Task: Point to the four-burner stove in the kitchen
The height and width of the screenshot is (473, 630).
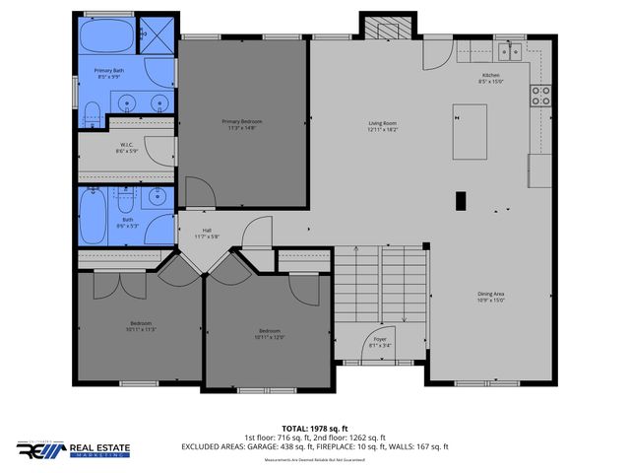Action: click(540, 96)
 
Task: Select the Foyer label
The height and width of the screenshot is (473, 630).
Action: click(380, 342)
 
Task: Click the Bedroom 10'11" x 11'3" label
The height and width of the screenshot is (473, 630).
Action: click(142, 326)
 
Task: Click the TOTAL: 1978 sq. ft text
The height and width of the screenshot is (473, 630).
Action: click(315, 429)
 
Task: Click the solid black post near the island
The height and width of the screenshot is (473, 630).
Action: click(461, 200)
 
